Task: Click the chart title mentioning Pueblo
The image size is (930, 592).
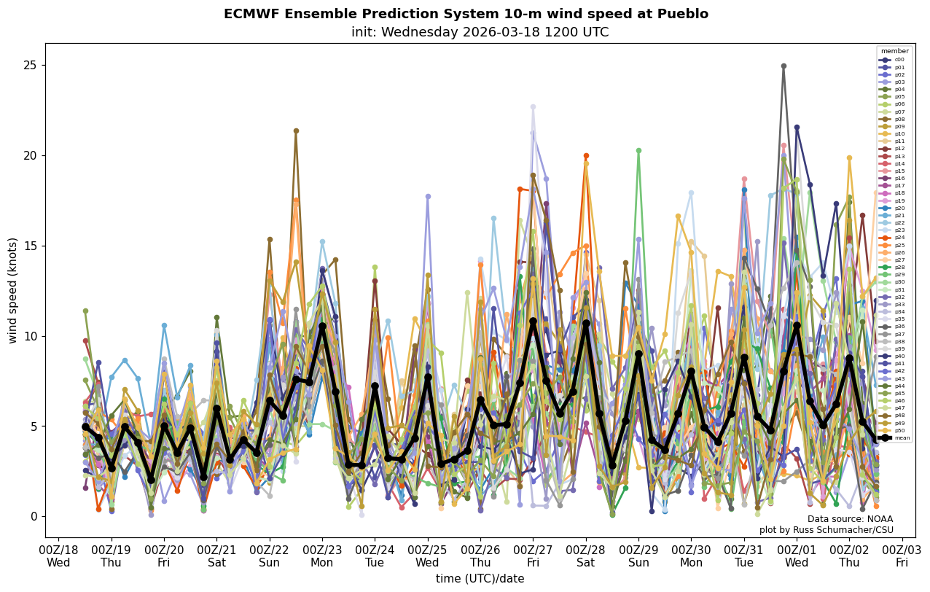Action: tap(466, 14)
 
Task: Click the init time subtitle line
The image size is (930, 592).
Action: tap(480, 32)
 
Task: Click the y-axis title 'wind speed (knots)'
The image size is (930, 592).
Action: tap(12, 290)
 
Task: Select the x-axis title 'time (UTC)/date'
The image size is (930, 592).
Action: tap(480, 579)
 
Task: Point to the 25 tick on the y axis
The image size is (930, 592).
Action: tap(33, 65)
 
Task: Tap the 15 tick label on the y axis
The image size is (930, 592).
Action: tap(33, 246)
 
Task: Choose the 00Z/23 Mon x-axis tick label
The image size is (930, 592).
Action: tap(322, 556)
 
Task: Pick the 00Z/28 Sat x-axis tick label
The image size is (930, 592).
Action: tap(586, 556)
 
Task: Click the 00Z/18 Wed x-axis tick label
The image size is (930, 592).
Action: tap(58, 556)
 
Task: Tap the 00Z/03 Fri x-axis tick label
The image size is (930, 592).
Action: tap(902, 556)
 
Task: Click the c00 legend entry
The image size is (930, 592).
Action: tap(894, 60)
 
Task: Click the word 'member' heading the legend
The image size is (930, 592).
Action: tap(894, 51)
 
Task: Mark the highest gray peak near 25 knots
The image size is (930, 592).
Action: tap(784, 66)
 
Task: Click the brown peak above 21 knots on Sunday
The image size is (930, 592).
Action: tap(296, 131)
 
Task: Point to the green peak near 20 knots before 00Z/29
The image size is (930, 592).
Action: tap(638, 151)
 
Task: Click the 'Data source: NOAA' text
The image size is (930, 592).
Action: tap(850, 519)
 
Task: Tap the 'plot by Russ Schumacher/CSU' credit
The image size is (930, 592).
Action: tap(826, 530)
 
